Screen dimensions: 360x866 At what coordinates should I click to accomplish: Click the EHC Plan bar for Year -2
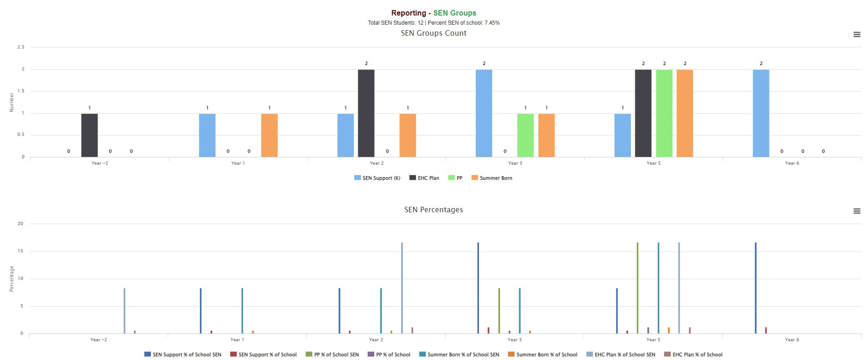pyautogui.click(x=89, y=135)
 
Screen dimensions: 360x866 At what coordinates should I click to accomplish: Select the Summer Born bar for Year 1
pyautogui.click(x=269, y=135)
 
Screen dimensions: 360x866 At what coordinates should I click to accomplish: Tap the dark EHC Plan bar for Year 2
pyautogui.click(x=366, y=113)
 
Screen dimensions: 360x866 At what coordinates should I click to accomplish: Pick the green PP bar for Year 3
pyautogui.click(x=525, y=135)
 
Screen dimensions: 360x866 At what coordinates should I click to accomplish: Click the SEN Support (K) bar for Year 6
pyautogui.click(x=761, y=113)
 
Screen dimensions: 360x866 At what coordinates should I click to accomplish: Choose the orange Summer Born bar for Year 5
pyautogui.click(x=684, y=113)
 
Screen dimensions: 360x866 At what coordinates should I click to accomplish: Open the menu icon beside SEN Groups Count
pyautogui.click(x=857, y=34)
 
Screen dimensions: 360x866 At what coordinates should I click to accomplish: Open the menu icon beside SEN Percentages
pyautogui.click(x=857, y=211)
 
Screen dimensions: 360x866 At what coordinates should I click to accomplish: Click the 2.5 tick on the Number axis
pyautogui.click(x=21, y=47)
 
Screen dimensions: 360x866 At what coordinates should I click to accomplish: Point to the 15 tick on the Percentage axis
pyautogui.click(x=20, y=251)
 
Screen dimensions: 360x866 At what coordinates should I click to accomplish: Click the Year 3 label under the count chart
pyautogui.click(x=515, y=163)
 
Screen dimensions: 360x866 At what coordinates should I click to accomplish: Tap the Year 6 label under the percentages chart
pyautogui.click(x=792, y=340)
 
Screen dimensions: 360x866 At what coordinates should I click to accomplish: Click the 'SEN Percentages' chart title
pyautogui.click(x=433, y=210)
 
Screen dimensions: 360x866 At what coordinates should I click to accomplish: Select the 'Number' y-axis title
pyautogui.click(x=12, y=102)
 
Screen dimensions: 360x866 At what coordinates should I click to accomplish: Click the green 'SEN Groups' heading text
pyautogui.click(x=454, y=13)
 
